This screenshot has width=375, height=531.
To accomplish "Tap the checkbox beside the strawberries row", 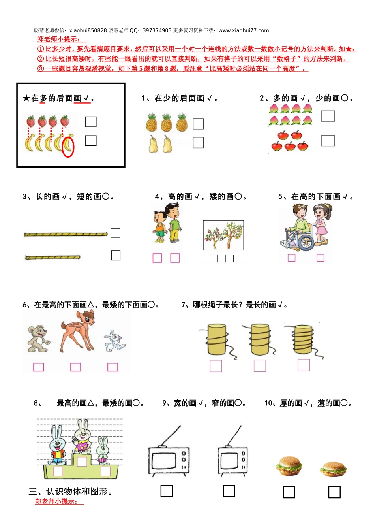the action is coord(91,122).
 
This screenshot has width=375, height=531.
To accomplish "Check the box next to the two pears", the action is coord(198,143).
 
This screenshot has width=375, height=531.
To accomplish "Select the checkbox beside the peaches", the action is coord(328,116).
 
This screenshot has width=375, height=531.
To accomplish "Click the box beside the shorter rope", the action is coord(116,255).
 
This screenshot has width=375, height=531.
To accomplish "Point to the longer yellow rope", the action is coord(66,234).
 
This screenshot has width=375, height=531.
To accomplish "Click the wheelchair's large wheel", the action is coord(306,243).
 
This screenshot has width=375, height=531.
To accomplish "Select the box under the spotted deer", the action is coord(75,367).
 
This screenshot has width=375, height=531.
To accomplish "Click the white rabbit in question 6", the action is coord(114,341).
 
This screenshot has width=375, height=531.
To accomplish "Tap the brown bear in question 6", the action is coord(39,339).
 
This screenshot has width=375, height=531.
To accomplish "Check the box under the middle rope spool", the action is coord(260,365).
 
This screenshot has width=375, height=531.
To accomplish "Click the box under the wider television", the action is coord(167,491).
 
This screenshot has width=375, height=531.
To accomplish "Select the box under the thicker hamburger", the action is coord(289,492).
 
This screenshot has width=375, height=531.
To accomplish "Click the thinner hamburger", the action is coord(333,469).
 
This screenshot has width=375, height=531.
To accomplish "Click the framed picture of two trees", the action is coord(223,235).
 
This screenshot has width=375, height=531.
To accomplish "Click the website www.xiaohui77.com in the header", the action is coord(244,30).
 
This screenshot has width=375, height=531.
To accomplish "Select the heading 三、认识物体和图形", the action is coord(70,491).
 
